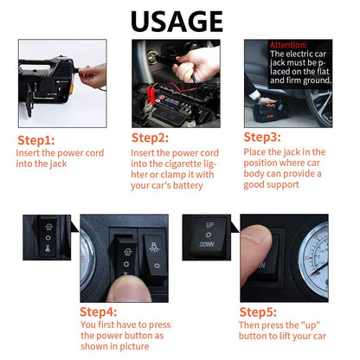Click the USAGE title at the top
[177, 22]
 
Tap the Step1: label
[36, 140]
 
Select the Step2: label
[150, 138]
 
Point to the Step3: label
[262, 138]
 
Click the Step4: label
[98, 312]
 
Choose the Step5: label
[258, 312]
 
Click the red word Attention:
[288, 45]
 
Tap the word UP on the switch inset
[209, 225]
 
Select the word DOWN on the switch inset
[207, 244]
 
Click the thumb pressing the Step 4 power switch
[128, 289]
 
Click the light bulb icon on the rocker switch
[154, 247]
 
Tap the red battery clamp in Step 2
[151, 95]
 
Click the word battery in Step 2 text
[188, 185]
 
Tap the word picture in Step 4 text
[134, 346]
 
